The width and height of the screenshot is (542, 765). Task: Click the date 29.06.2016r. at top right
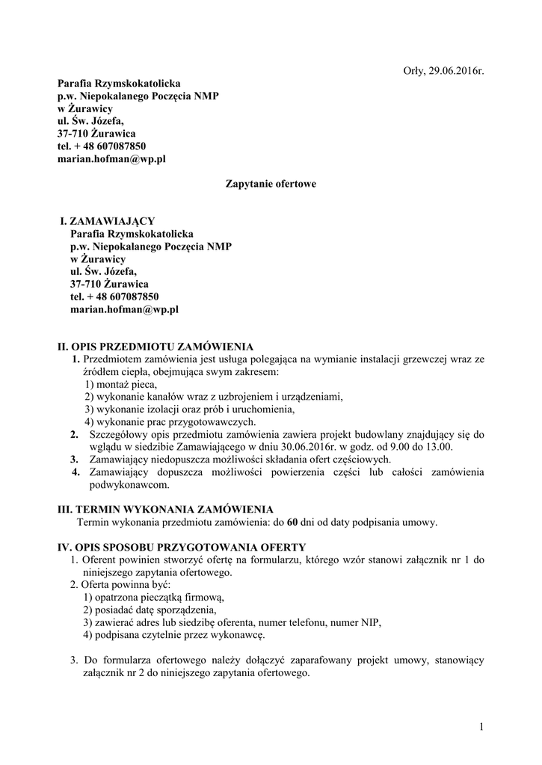click(x=457, y=71)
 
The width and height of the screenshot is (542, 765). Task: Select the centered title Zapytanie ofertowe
click(x=271, y=183)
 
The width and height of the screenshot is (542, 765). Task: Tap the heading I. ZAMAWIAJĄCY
click(x=108, y=221)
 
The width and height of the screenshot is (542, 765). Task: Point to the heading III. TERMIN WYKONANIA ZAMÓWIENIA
click(x=160, y=509)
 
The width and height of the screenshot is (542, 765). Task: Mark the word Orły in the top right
click(x=405, y=71)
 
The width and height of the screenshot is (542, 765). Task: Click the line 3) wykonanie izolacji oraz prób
click(x=189, y=409)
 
